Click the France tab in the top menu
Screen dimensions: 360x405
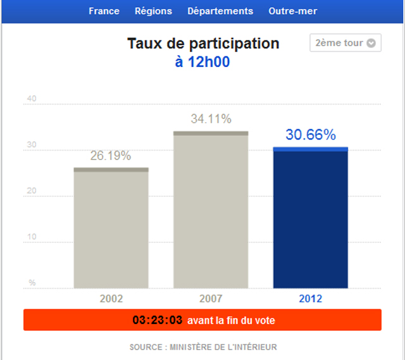(104, 11)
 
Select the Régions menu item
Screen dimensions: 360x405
(154, 11)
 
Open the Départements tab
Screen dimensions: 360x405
(220, 11)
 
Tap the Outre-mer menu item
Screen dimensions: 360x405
(292, 11)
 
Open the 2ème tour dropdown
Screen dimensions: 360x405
(345, 43)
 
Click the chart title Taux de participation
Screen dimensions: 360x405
(203, 44)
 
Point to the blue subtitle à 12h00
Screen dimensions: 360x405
(203, 62)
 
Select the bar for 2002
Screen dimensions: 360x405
(111, 228)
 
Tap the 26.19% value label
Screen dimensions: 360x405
(111, 156)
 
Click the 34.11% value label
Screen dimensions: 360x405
(211, 119)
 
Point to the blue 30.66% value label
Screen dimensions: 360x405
(311, 135)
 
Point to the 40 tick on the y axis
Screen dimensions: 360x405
(32, 99)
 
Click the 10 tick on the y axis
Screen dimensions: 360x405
(32, 237)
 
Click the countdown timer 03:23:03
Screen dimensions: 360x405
(158, 320)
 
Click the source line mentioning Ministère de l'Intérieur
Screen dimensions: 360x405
(203, 347)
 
